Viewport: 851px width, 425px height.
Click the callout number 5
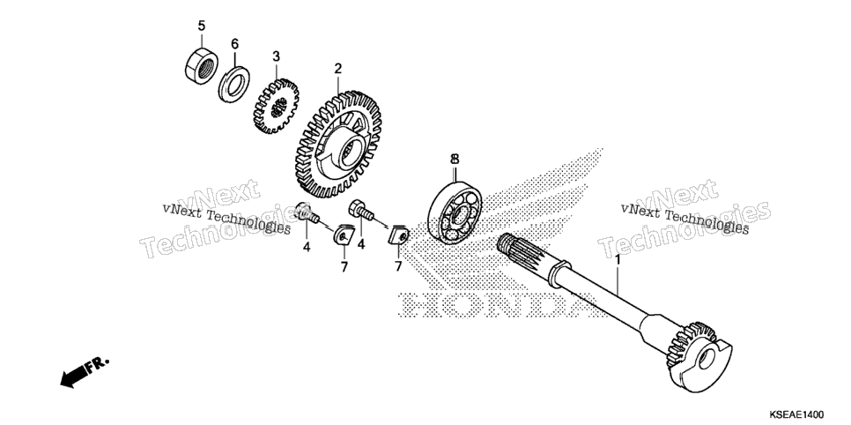click(202, 26)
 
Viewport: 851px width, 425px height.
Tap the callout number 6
click(234, 43)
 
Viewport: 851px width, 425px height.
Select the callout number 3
click(276, 56)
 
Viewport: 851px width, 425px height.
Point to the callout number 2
click(337, 69)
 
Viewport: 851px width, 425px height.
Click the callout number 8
click(455, 159)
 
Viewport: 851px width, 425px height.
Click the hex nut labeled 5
click(200, 66)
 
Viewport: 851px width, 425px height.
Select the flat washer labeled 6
click(234, 83)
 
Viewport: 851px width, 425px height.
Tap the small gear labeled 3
click(276, 106)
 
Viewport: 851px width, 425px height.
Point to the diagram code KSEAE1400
click(796, 415)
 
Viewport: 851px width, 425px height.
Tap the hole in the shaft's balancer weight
click(707, 358)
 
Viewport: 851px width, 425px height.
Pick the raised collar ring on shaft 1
click(559, 272)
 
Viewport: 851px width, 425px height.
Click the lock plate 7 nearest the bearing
click(399, 235)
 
